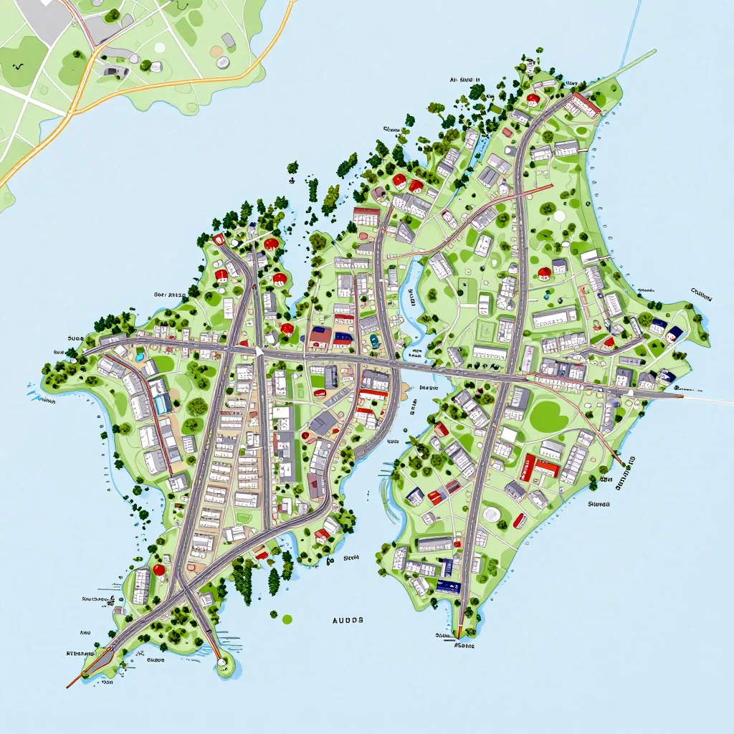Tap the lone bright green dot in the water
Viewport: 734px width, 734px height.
click(x=287, y=619)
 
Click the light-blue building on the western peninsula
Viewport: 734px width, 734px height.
click(x=162, y=403)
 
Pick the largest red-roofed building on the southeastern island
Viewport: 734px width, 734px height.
click(x=539, y=467)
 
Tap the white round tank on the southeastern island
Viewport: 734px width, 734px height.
click(x=492, y=514)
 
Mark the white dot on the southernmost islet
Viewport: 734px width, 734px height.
click(x=222, y=661)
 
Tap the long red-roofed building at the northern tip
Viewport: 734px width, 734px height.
click(x=582, y=105)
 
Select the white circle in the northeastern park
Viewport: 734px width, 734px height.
click(x=558, y=215)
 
